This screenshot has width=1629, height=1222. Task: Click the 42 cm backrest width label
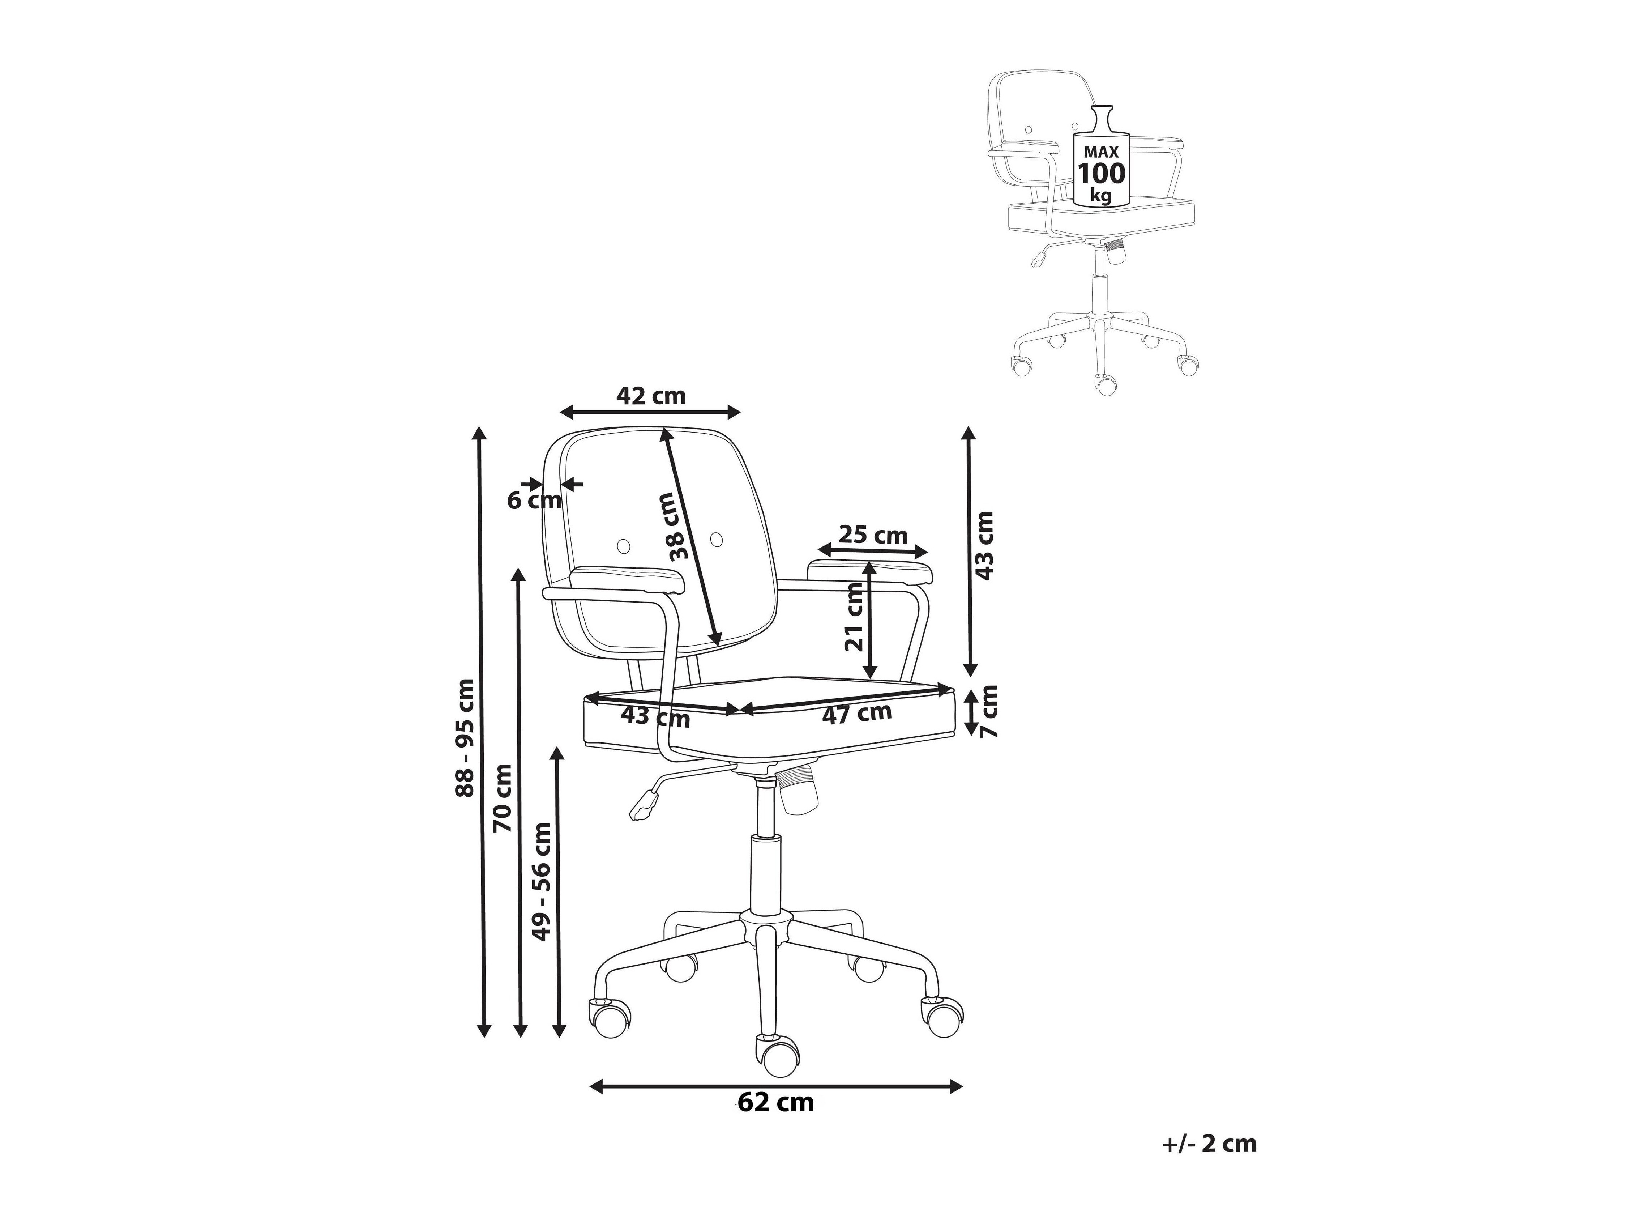[651, 396]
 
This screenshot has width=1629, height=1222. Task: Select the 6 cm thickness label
[534, 501]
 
